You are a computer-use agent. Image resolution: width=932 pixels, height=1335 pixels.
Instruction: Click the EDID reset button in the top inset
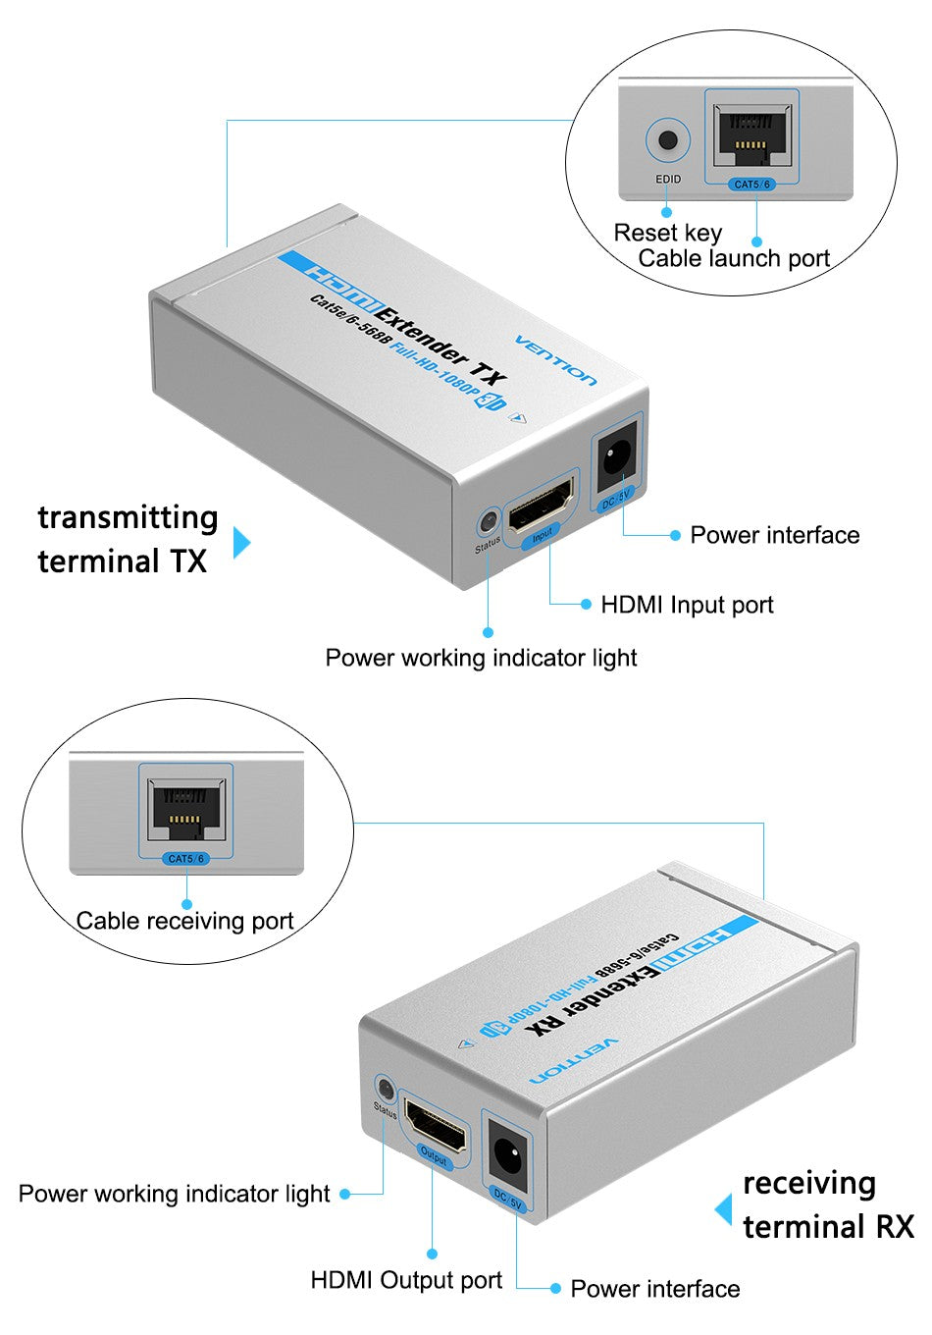click(668, 140)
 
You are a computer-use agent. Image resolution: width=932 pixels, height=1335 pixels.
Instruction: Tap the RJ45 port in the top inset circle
click(751, 134)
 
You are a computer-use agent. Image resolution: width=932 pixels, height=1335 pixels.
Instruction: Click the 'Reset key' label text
click(667, 233)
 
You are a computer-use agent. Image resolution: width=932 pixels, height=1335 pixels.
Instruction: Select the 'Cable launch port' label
click(734, 258)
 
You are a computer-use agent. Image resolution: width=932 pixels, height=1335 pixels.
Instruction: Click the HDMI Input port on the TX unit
click(541, 506)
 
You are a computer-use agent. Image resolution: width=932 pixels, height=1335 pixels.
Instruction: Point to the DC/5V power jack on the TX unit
click(617, 458)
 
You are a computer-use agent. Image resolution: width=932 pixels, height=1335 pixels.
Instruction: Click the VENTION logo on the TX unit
click(555, 360)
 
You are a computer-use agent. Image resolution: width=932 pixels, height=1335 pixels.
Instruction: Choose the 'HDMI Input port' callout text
click(687, 605)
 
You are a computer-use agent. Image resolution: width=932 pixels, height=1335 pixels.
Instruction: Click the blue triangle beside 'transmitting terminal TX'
click(241, 542)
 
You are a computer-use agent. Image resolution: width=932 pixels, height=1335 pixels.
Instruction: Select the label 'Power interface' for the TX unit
click(774, 535)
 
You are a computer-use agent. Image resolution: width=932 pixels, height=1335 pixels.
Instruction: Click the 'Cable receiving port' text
click(184, 921)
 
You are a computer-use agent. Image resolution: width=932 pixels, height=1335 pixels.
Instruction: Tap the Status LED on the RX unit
click(386, 1089)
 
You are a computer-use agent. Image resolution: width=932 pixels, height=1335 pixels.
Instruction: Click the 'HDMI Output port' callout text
click(406, 1280)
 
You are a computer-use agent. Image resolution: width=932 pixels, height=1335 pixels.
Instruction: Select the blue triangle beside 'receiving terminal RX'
click(724, 1209)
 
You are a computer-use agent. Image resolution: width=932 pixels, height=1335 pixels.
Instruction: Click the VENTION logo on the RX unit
click(575, 1060)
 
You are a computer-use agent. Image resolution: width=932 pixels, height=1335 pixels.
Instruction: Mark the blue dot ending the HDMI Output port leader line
click(432, 1254)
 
